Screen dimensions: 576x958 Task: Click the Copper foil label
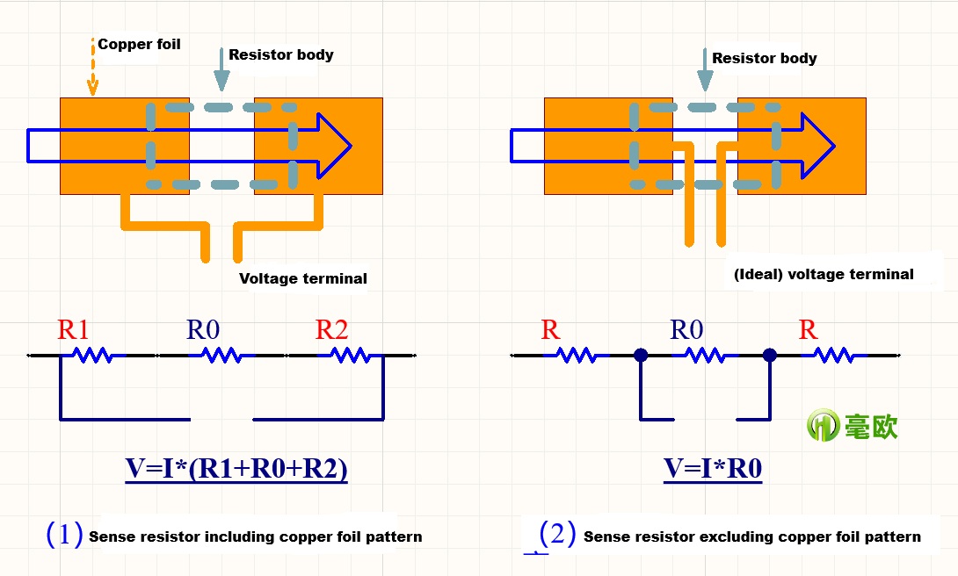pos(139,44)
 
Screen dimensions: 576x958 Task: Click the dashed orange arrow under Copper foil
pos(92,68)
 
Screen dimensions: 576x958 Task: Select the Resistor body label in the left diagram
pos(280,54)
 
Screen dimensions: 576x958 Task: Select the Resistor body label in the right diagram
pos(764,58)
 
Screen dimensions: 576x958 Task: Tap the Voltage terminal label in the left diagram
pos(302,278)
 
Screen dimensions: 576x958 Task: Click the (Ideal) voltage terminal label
pos(824,274)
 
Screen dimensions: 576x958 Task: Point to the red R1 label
pos(74,330)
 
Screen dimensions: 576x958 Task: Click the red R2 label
pos(331,330)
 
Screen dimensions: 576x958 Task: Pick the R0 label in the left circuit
pos(203,330)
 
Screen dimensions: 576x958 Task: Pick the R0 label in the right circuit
pos(686,330)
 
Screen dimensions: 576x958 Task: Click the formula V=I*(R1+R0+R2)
pos(236,470)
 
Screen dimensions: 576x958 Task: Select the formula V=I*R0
pos(712,470)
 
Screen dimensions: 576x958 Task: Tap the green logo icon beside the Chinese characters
pos(823,426)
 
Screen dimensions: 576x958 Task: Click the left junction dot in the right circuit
pos(641,356)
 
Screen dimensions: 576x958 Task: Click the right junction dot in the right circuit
pos(770,356)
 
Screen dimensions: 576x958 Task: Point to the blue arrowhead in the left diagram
pos(334,146)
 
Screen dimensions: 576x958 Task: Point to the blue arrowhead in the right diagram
pos(817,146)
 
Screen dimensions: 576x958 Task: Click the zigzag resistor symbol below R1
pos(91,356)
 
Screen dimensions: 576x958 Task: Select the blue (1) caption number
pos(64,534)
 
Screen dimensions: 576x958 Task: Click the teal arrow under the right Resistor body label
pos(705,70)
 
